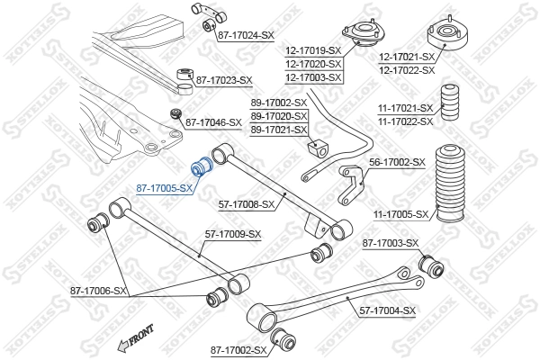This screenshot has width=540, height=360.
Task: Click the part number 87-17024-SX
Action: [246, 34]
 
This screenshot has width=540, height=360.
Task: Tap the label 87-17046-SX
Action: [213, 121]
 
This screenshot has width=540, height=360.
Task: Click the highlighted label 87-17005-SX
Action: [165, 188]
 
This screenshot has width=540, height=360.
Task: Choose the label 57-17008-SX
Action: [246, 204]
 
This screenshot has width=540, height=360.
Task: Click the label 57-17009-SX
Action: [232, 234]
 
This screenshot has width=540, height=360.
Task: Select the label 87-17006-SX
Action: [100, 291]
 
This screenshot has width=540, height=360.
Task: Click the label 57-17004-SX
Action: [388, 310]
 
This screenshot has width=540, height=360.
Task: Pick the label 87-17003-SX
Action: [391, 243]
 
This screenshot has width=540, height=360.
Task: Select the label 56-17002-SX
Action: [397, 162]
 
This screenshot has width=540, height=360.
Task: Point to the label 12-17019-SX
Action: [314, 51]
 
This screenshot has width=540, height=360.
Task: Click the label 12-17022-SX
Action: [407, 69]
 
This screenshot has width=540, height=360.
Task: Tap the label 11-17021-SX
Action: [405, 108]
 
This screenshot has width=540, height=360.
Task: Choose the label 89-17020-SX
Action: [279, 117]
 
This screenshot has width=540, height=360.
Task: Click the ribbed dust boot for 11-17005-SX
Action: [450, 184]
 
